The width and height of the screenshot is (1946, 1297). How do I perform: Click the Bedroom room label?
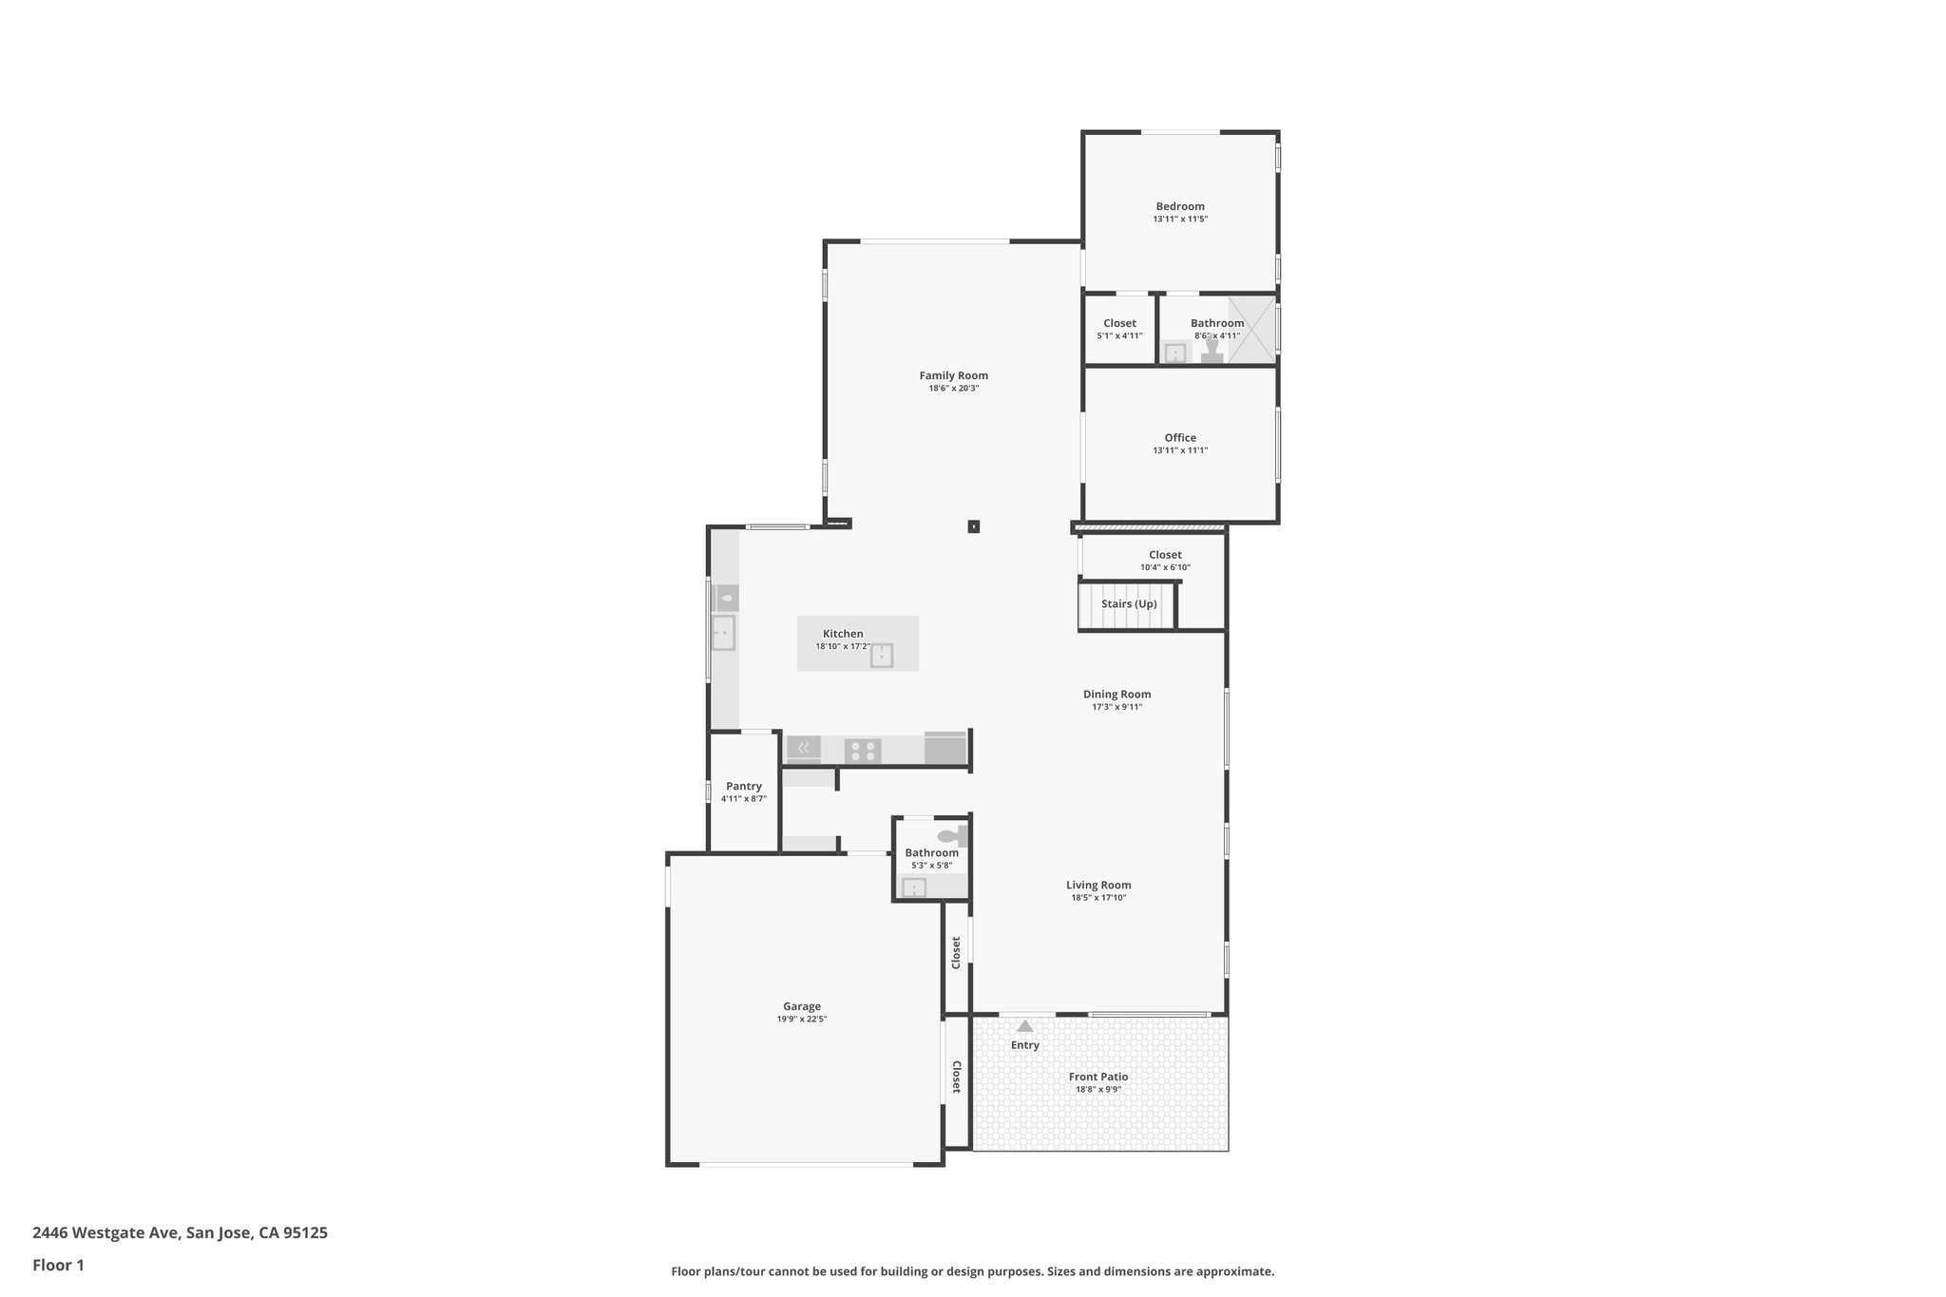click(x=1179, y=206)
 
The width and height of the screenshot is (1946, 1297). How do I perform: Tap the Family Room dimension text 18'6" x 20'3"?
click(x=953, y=389)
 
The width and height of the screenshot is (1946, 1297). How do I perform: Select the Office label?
click(x=1180, y=438)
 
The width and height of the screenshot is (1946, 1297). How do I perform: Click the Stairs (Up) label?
click(x=1129, y=604)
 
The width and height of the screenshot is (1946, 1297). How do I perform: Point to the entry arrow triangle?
click(x=1024, y=1026)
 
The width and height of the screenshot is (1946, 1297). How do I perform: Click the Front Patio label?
click(x=1097, y=1077)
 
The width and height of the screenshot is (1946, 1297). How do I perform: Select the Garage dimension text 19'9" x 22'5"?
click(x=802, y=1020)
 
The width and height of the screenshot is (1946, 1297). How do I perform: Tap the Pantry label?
click(x=743, y=786)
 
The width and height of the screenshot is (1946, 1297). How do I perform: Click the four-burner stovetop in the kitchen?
click(x=863, y=751)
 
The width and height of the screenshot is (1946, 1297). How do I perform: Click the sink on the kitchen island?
click(x=882, y=656)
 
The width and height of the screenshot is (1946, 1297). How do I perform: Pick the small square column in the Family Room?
click(x=973, y=526)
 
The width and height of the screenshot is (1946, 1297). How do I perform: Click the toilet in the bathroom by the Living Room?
click(x=949, y=836)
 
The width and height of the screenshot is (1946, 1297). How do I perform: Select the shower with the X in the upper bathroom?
click(x=1251, y=330)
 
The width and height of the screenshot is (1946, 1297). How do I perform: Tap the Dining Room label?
click(x=1116, y=695)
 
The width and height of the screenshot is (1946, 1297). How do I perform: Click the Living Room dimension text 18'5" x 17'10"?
click(x=1098, y=898)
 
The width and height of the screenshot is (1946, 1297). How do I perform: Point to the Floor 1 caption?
click(x=58, y=1265)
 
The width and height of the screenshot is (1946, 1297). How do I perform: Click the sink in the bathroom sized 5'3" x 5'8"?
click(x=913, y=887)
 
